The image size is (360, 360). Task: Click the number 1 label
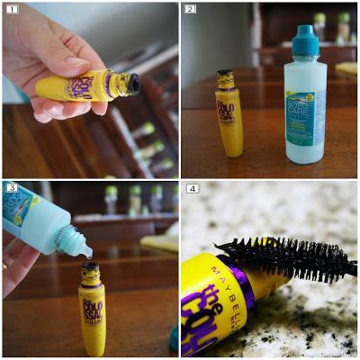click(10, 9)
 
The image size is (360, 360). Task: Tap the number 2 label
click(190, 9)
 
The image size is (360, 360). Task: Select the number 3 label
click(11, 188)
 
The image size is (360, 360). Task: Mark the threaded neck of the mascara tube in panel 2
click(226, 79)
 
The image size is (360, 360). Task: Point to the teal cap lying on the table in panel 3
click(172, 337)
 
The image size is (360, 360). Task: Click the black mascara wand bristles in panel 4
click(279, 257)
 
